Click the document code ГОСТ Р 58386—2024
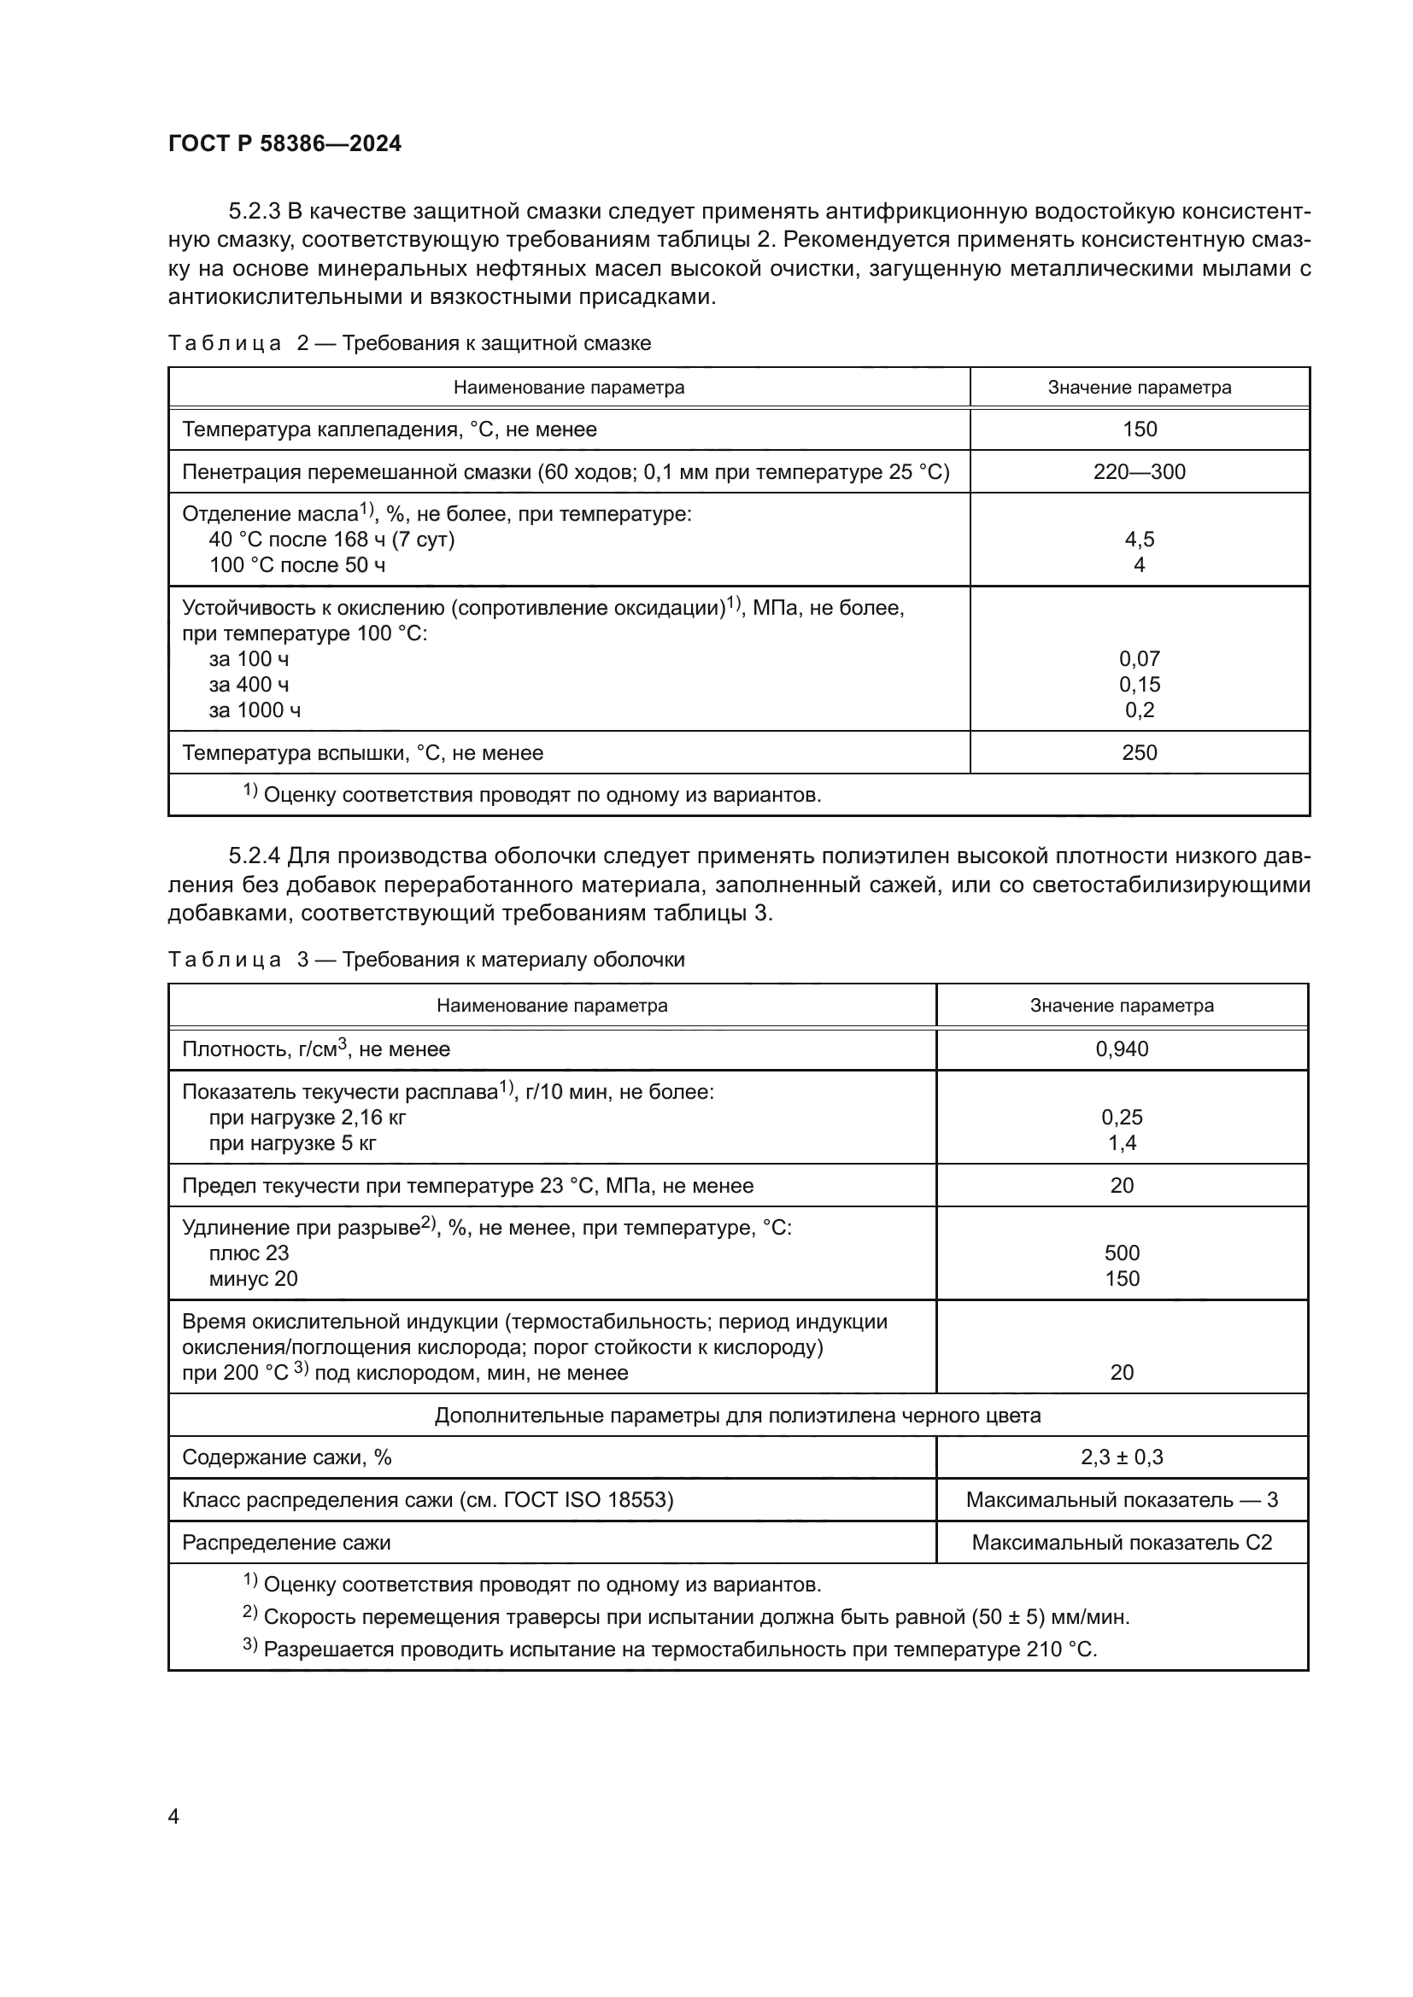[x=284, y=144]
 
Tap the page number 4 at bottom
[x=173, y=1816]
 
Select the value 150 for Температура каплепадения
[x=1139, y=429]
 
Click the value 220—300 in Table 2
[x=1139, y=472]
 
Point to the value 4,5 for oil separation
[x=1139, y=540]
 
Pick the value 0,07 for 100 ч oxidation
[x=1139, y=659]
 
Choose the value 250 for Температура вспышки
[x=1139, y=753]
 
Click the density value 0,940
[x=1122, y=1049]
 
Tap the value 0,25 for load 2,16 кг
[x=1122, y=1118]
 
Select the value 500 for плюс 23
[x=1122, y=1253]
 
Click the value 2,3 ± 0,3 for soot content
[x=1122, y=1457]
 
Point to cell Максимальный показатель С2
[x=1122, y=1543]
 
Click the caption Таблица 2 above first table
[x=409, y=343]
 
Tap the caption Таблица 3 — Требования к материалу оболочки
[x=426, y=961]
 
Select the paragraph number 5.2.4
[x=254, y=856]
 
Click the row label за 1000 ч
[x=255, y=710]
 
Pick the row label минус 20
[x=253, y=1279]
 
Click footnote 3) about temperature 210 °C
[x=670, y=1650]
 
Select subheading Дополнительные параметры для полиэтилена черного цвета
[x=737, y=1415]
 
